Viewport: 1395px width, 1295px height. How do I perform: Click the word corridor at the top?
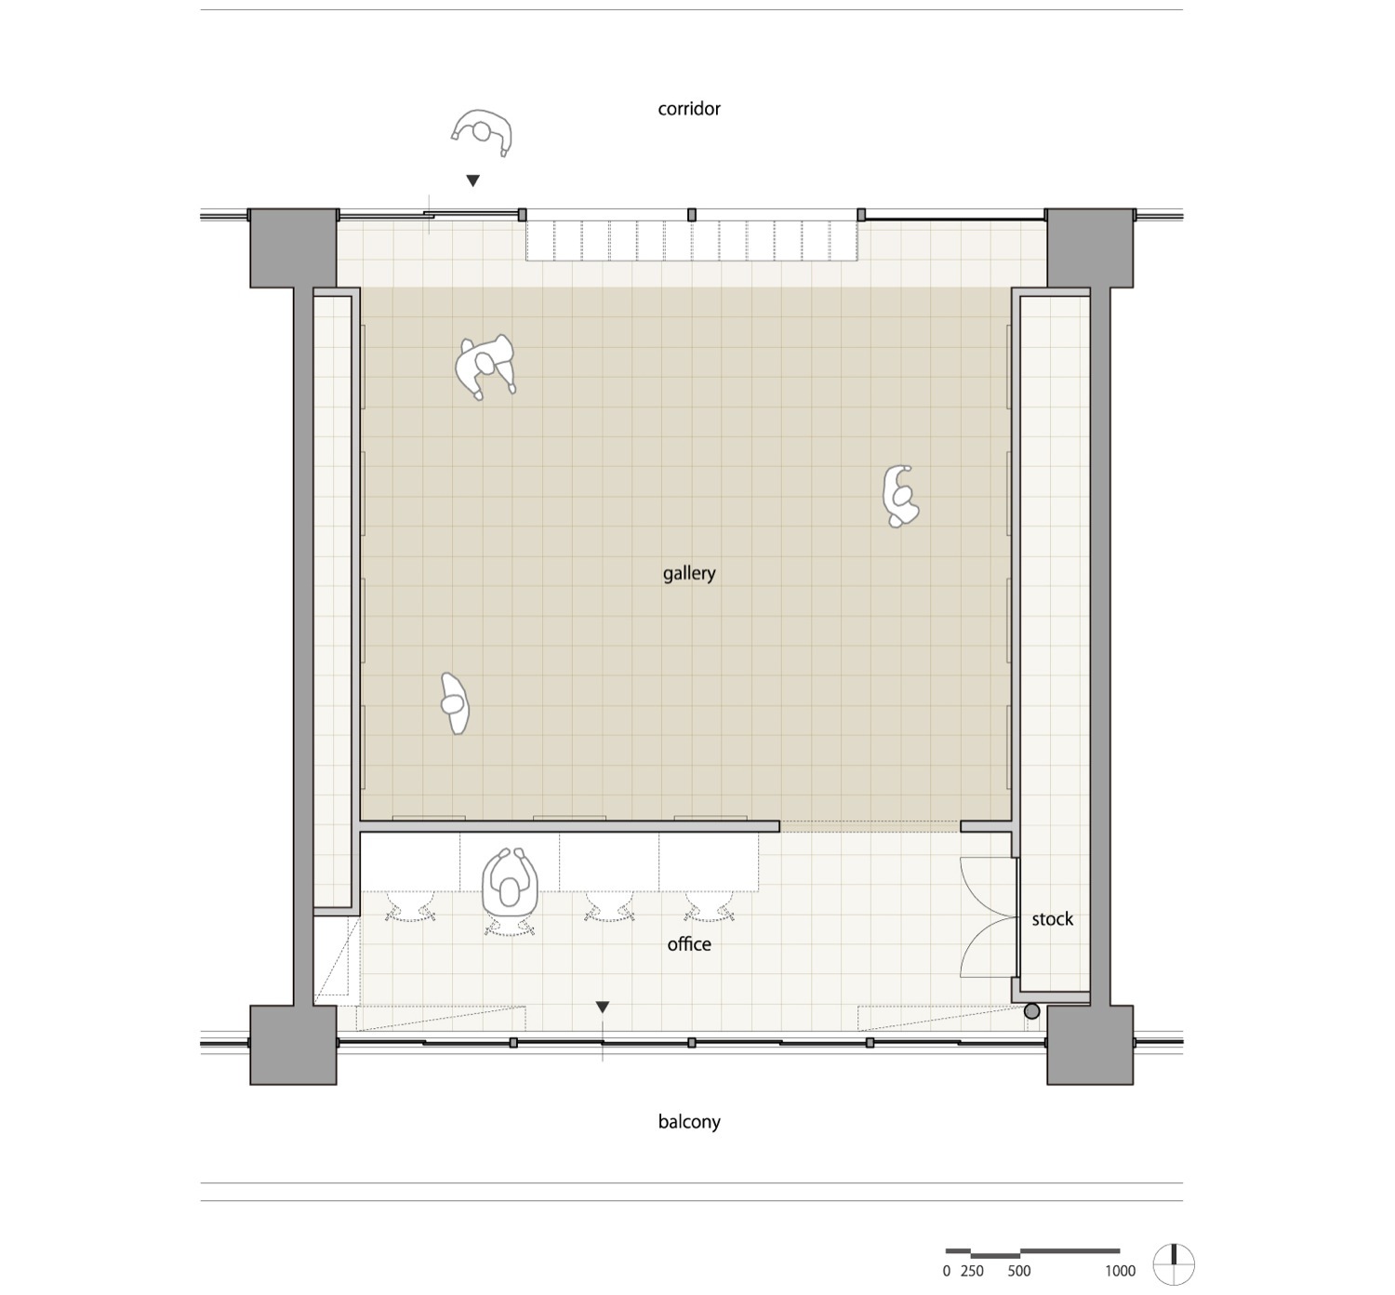point(689,109)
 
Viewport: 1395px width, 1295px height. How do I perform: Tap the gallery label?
point(689,573)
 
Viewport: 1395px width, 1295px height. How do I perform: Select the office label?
point(689,944)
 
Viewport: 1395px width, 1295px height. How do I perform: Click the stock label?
point(1052,919)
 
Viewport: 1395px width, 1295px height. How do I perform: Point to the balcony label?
point(689,1122)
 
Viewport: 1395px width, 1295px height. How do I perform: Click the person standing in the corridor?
point(483,132)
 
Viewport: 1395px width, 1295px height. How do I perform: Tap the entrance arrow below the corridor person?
point(472,180)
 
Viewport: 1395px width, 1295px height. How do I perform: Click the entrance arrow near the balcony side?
point(603,1007)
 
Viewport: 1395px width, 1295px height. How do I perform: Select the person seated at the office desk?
point(510,883)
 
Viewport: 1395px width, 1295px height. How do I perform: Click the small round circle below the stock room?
point(1031,1011)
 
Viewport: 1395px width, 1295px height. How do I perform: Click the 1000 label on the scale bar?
point(1120,1271)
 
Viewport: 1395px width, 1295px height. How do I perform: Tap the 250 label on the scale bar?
point(972,1271)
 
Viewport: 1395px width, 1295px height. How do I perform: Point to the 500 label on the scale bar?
point(1018,1271)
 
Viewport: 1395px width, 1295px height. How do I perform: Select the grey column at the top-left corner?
point(293,247)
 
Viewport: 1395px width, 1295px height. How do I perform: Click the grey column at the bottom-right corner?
point(1090,1044)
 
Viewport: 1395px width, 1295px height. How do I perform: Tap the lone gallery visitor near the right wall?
point(899,496)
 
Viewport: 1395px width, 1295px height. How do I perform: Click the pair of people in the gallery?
point(485,366)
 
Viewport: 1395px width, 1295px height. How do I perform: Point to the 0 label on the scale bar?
point(947,1271)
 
